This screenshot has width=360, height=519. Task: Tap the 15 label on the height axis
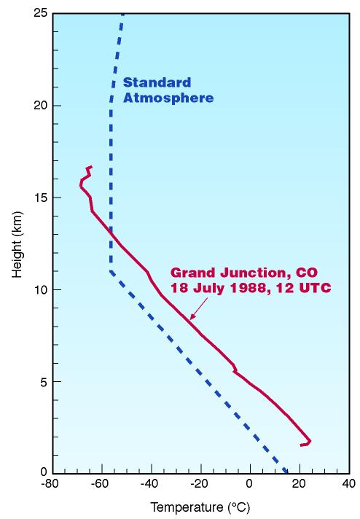41,198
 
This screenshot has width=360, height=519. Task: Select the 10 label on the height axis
41,289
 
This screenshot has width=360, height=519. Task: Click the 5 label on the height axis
44,381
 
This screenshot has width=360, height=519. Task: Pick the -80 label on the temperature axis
50,483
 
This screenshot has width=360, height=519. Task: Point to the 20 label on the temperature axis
299,483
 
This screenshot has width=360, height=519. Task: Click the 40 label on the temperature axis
348,483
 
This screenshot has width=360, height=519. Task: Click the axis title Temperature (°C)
200,507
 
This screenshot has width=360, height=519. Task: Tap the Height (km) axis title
17,244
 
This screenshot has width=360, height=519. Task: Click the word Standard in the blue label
157,82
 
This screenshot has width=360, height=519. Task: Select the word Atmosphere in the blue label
168,98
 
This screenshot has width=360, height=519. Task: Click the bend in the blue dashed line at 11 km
111,271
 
